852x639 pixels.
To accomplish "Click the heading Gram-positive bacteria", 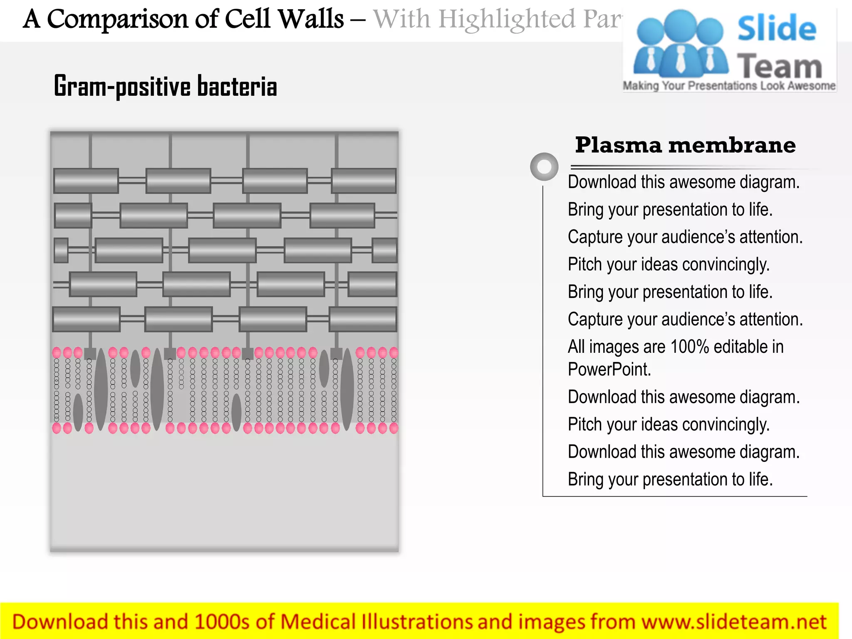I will click(165, 86).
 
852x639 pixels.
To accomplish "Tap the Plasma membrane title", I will click(685, 145).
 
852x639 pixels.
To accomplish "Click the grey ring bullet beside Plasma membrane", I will click(544, 167).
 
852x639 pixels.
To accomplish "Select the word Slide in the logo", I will click(777, 28).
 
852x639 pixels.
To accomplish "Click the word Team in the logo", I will click(780, 67).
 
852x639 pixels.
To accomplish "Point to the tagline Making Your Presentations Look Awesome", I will click(729, 86).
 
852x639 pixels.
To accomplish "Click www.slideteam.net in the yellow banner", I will click(734, 622).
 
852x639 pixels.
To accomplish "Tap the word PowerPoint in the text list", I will click(609, 369).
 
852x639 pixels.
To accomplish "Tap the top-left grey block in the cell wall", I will click(86, 181).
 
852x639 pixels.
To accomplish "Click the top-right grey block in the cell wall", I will click(364, 181).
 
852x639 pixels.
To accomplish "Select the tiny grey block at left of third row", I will click(61, 250).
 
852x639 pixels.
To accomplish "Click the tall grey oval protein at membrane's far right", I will click(347, 389).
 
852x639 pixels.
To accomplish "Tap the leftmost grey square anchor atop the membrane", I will click(90, 354).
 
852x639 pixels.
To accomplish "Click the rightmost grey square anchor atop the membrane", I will click(336, 354).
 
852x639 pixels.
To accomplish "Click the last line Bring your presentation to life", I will click(670, 479).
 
